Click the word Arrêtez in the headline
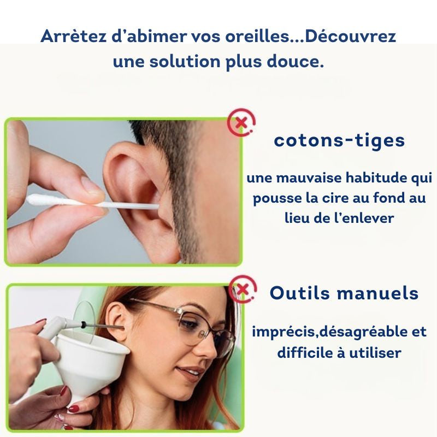click(74, 36)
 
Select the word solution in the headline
click(185, 61)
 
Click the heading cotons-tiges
click(339, 140)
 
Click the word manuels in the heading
click(377, 293)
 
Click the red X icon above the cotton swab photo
click(241, 122)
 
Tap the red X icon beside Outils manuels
click(243, 290)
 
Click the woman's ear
click(117, 321)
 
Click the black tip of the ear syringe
click(83, 324)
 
